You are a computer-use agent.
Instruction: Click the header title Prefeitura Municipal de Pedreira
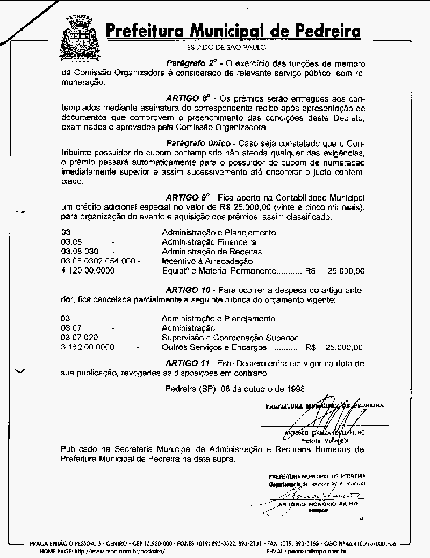pos(233,31)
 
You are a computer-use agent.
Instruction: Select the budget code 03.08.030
pos(80,252)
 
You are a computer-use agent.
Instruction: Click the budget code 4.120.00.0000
pos(88,271)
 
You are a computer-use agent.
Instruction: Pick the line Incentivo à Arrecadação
pos(207,261)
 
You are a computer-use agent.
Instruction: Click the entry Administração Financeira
pos(209,242)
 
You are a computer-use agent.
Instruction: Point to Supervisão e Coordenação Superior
pos(230,338)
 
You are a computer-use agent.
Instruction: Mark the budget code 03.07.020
pos(80,338)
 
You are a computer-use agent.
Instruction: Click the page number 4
pos(362,519)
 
